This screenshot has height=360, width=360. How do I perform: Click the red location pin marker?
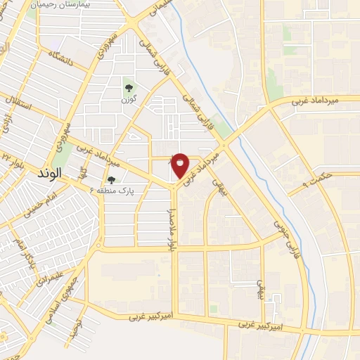coord(180,165)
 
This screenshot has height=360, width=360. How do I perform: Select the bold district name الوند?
coord(49,172)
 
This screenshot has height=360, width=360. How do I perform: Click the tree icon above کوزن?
coord(129,88)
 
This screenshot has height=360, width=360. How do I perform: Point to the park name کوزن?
coord(129,100)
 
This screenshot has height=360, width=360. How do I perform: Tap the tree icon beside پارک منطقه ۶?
coord(111,181)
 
